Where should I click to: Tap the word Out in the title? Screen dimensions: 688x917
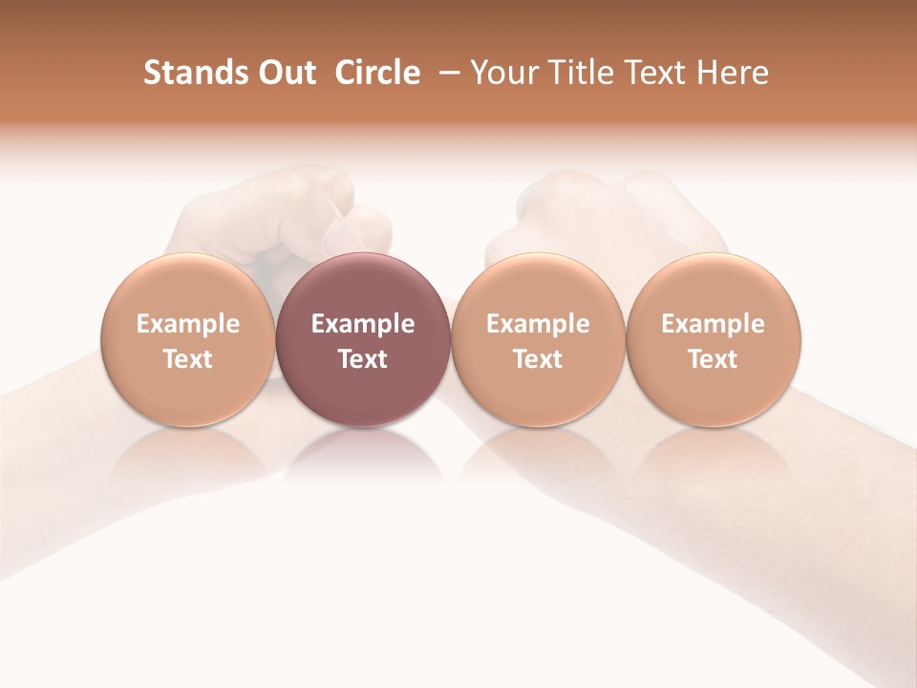coord(286,73)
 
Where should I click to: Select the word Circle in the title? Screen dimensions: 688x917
coord(377,73)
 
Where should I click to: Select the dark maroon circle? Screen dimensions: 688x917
coord(363,339)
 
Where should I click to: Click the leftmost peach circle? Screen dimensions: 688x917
coord(188,339)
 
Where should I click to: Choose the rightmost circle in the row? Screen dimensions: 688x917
coord(714,339)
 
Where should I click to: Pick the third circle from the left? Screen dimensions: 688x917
coord(538,339)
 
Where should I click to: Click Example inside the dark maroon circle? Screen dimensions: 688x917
coord(363,324)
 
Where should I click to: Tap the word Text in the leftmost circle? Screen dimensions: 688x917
coord(188,359)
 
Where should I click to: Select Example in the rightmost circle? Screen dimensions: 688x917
coord(714,324)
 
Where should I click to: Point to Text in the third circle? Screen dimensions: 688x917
coord(538,359)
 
